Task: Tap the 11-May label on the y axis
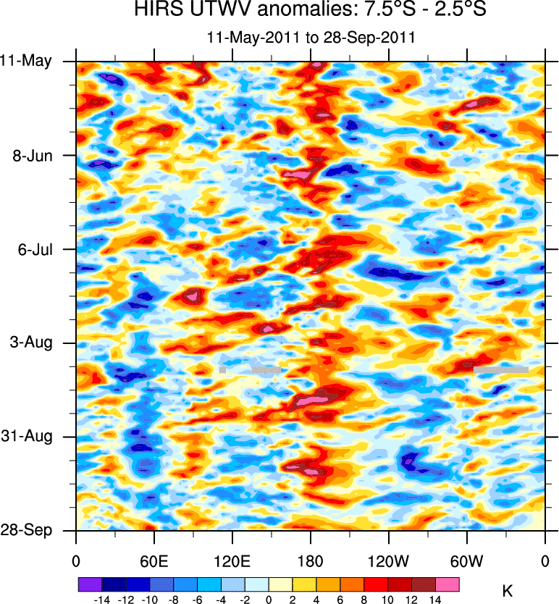(x=25, y=62)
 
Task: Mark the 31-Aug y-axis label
(x=29, y=437)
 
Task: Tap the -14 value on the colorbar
(x=101, y=600)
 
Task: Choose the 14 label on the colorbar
(x=435, y=600)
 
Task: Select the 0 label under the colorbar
(x=269, y=600)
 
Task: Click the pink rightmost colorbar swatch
(x=447, y=584)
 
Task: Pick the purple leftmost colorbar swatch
(x=90, y=584)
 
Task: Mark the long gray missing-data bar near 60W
(x=500, y=369)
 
